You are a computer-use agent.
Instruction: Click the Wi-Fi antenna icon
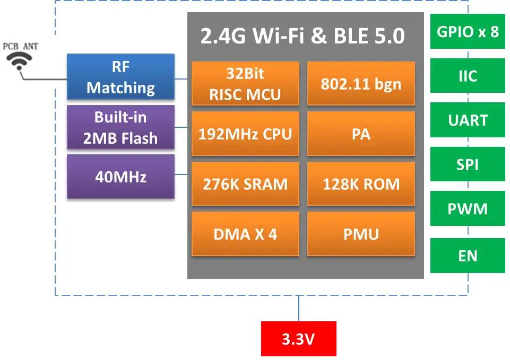pos(19,61)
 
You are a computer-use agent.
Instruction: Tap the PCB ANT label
pos(21,47)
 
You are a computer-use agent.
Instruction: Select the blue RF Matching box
pos(120,77)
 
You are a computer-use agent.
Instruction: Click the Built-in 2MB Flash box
pos(120,127)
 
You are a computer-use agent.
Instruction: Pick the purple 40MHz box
pos(120,177)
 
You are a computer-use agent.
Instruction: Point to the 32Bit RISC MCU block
pos(245,83)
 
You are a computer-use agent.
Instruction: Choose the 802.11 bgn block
pos(361,83)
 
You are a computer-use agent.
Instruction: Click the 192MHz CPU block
pos(245,134)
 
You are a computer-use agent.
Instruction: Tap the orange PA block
pos(361,134)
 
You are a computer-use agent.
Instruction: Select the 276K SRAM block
pos(245,183)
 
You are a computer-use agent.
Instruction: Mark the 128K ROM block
pos(361,183)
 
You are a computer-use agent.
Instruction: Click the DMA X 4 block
pos(245,234)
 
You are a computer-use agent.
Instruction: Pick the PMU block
pos(361,234)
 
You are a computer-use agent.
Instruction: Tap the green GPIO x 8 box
pos(468,31)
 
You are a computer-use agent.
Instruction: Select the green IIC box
pos(468,76)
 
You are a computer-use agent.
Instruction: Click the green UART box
pos(468,120)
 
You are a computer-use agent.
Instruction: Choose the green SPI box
pos(468,164)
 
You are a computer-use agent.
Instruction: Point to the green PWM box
pos(468,208)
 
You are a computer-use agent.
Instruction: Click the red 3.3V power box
pos(299,339)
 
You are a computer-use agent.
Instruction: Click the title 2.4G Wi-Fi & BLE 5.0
pos(302,36)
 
